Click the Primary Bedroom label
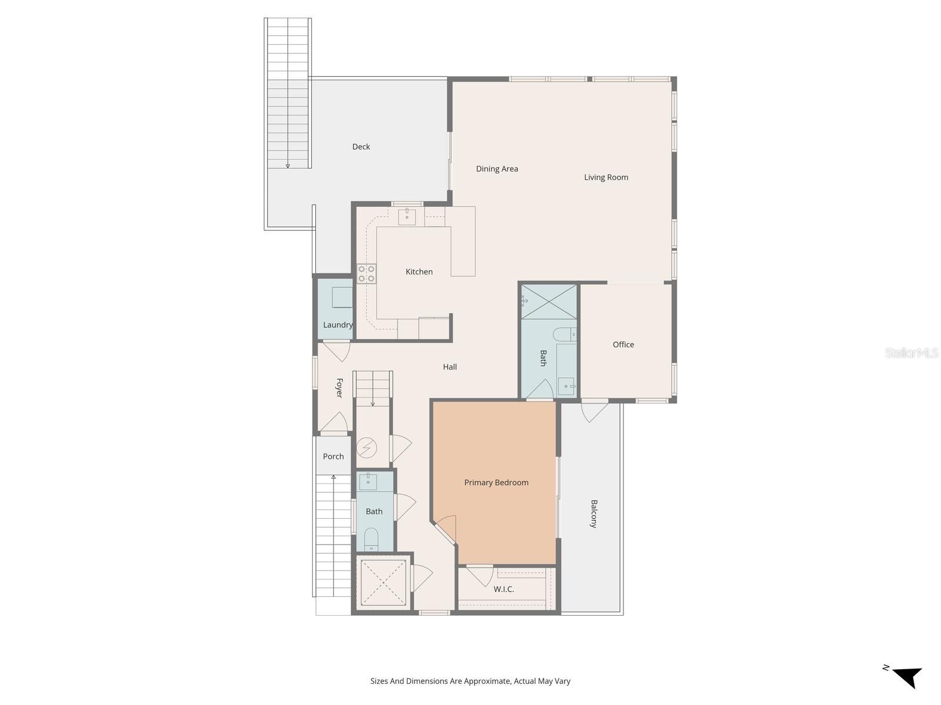pos(496,482)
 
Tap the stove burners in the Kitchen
pos(366,273)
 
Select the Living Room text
pos(606,177)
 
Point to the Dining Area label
pos(497,169)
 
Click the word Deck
pos(361,147)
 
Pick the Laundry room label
pos(338,325)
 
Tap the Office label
pos(623,344)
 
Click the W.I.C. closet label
pos(503,589)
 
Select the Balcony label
pos(593,514)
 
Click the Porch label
pos(333,456)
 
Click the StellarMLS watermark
pos(911,353)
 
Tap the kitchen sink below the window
pos(407,216)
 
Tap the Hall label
pos(450,367)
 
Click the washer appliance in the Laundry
pos(342,297)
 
